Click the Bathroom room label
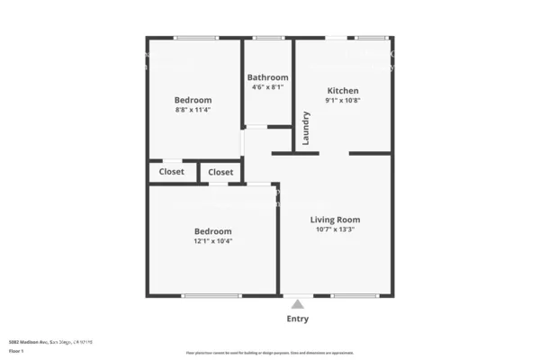click(x=267, y=77)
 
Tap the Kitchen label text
click(x=343, y=91)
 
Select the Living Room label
click(x=335, y=220)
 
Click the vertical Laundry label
click(x=307, y=128)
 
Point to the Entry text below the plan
click(x=297, y=319)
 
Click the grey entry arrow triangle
click(x=298, y=304)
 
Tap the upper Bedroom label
click(x=193, y=100)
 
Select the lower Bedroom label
click(x=212, y=231)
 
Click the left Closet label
click(x=172, y=172)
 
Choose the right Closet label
click(x=220, y=172)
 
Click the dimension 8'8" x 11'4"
click(x=193, y=110)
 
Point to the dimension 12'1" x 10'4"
click(x=212, y=241)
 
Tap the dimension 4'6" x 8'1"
click(x=267, y=87)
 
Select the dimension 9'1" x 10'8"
click(x=343, y=101)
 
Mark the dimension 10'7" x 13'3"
click(x=335, y=229)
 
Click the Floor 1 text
click(x=16, y=351)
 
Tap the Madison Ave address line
click(x=49, y=342)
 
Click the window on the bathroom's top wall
click(x=268, y=38)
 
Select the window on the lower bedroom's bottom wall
click(x=211, y=295)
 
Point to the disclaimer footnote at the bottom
click(x=270, y=354)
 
